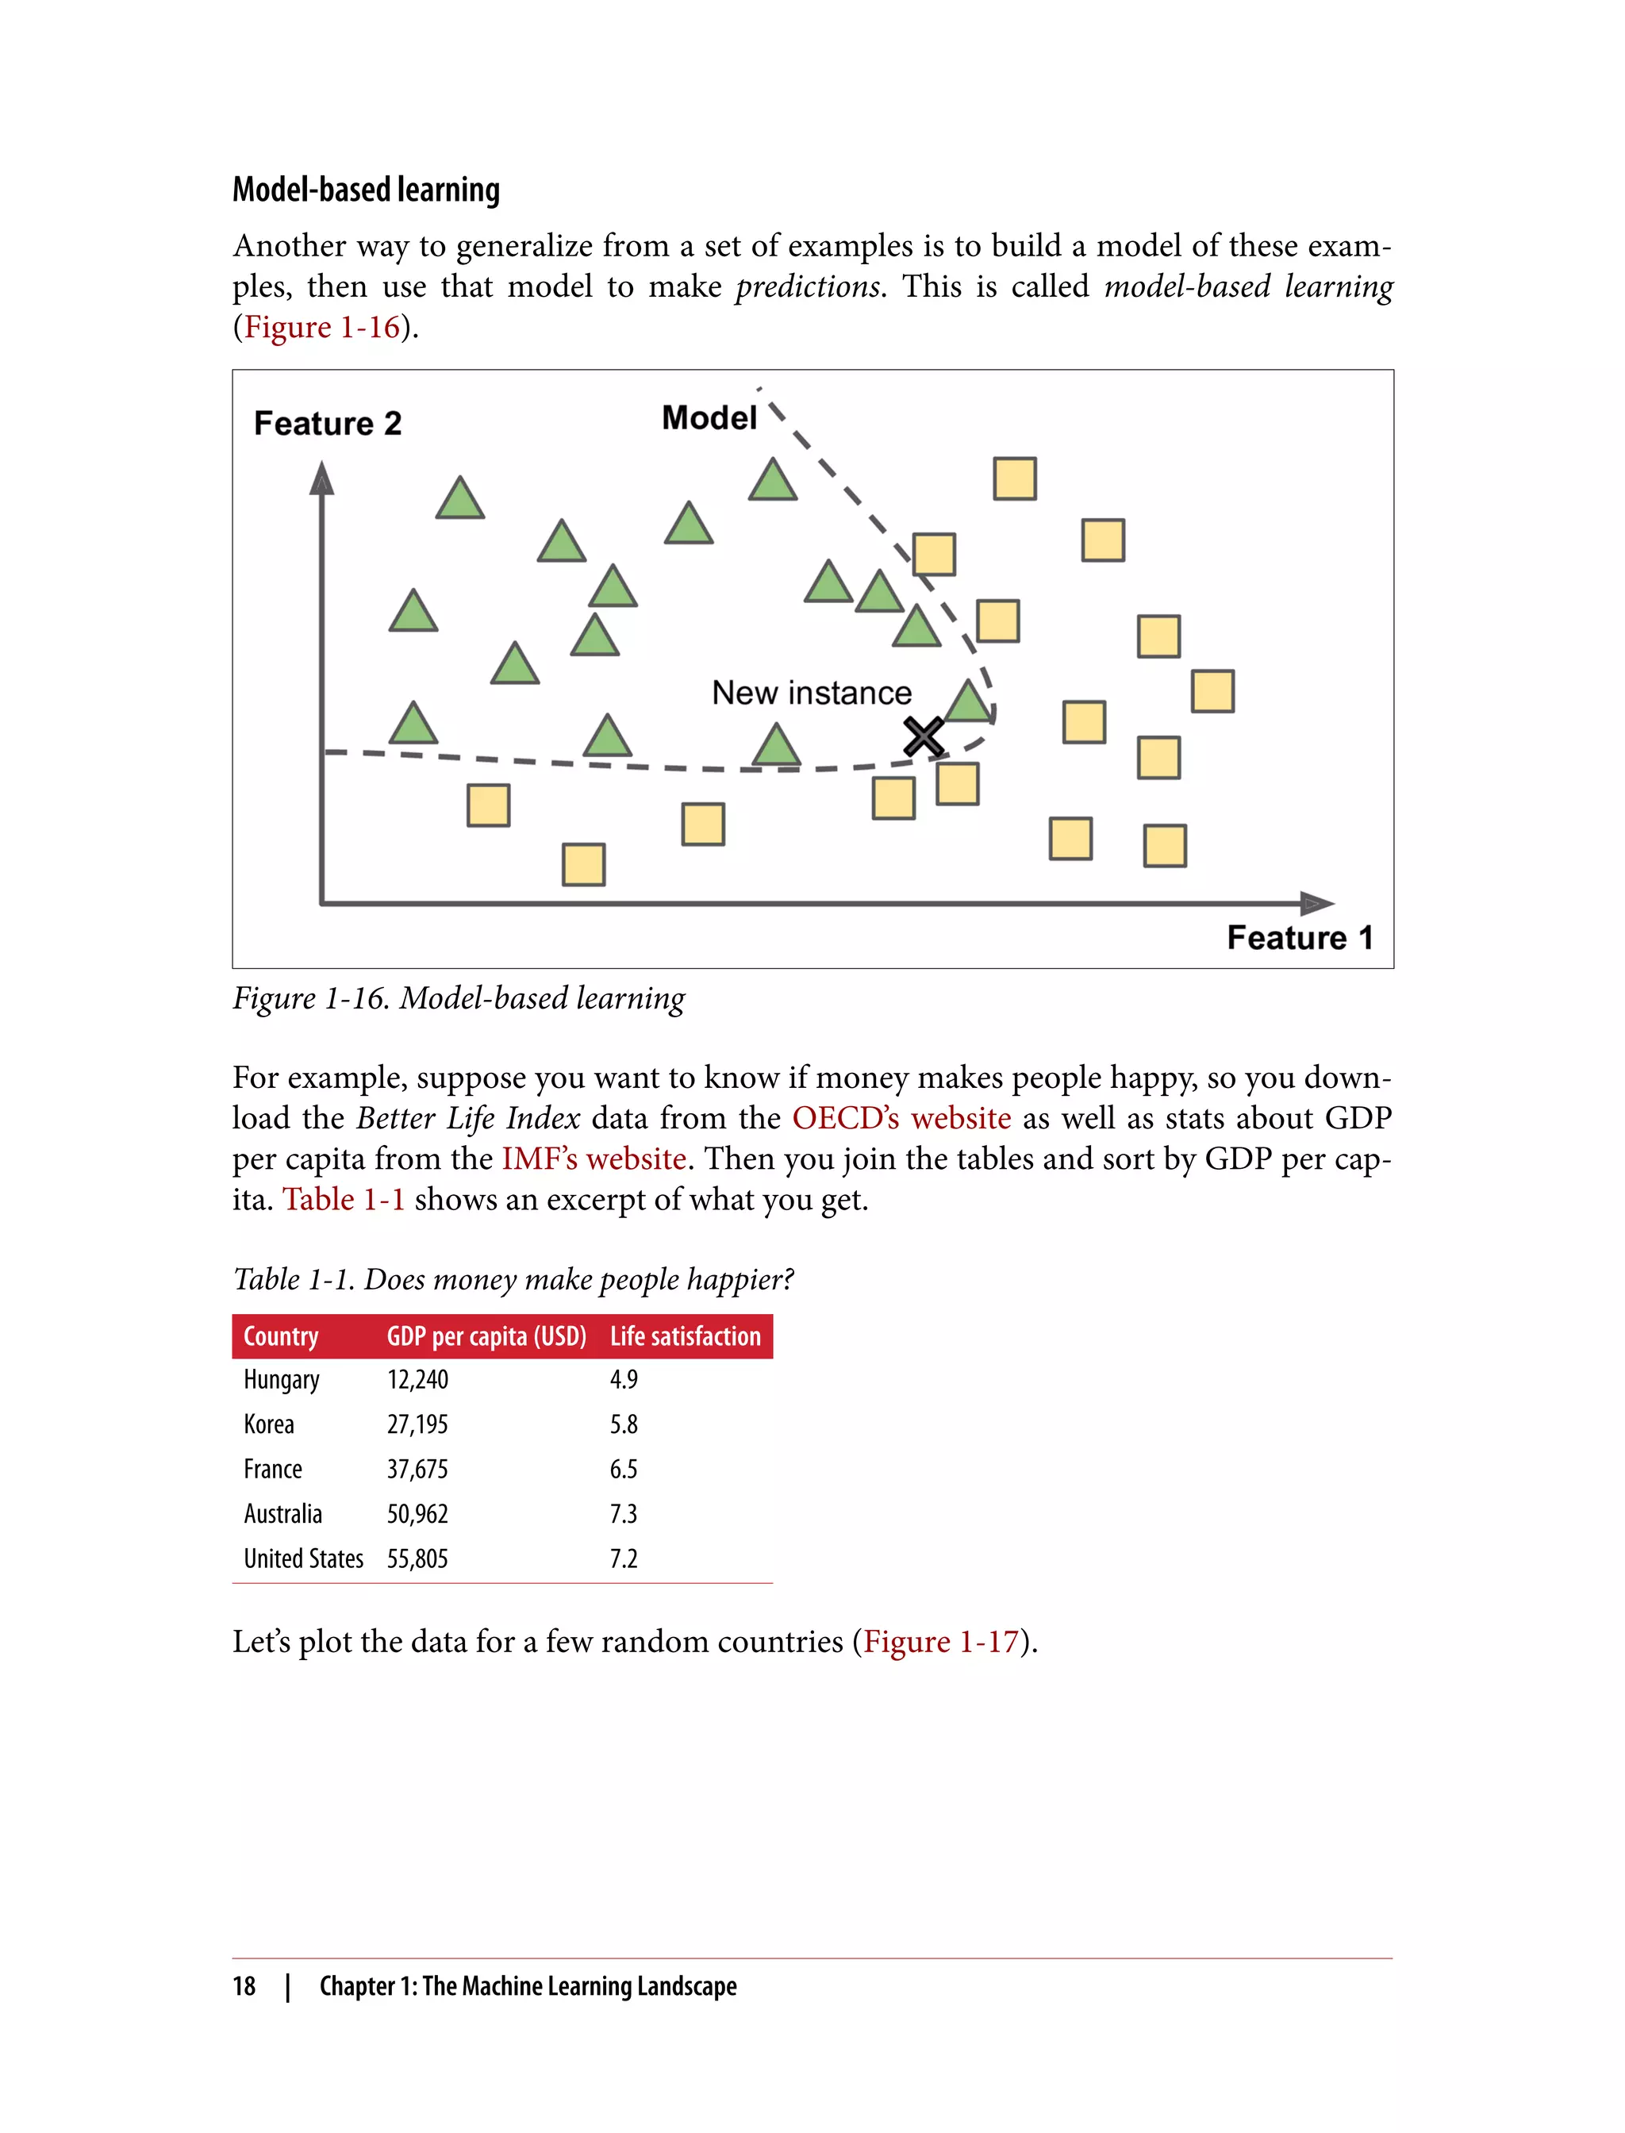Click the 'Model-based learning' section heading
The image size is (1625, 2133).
click(x=366, y=190)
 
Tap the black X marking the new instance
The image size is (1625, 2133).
click(x=924, y=737)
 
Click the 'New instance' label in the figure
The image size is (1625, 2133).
click(x=812, y=693)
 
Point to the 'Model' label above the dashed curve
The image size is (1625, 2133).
click(x=709, y=418)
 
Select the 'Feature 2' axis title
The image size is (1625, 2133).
click(x=327, y=424)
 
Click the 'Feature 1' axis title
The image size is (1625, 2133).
click(x=1299, y=937)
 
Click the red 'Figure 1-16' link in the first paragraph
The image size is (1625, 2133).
click(x=322, y=327)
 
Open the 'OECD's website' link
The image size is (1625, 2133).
click(x=901, y=1118)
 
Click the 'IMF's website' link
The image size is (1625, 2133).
click(x=594, y=1159)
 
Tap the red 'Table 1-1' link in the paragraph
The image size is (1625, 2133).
click(x=344, y=1200)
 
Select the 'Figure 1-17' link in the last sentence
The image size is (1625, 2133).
click(x=941, y=1642)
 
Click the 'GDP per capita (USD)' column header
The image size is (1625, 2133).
click(x=486, y=1337)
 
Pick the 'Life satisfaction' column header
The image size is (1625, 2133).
click(x=685, y=1337)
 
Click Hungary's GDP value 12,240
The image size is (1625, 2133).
click(x=418, y=1379)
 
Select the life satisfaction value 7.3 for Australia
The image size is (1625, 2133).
click(x=623, y=1514)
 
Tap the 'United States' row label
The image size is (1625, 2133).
click(x=303, y=1558)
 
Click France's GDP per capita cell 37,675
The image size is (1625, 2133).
click(x=418, y=1470)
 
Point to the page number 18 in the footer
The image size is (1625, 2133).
click(x=244, y=1986)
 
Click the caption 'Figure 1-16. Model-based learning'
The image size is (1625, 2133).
click(x=459, y=998)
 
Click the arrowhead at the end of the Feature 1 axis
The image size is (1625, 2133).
click(x=1317, y=904)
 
